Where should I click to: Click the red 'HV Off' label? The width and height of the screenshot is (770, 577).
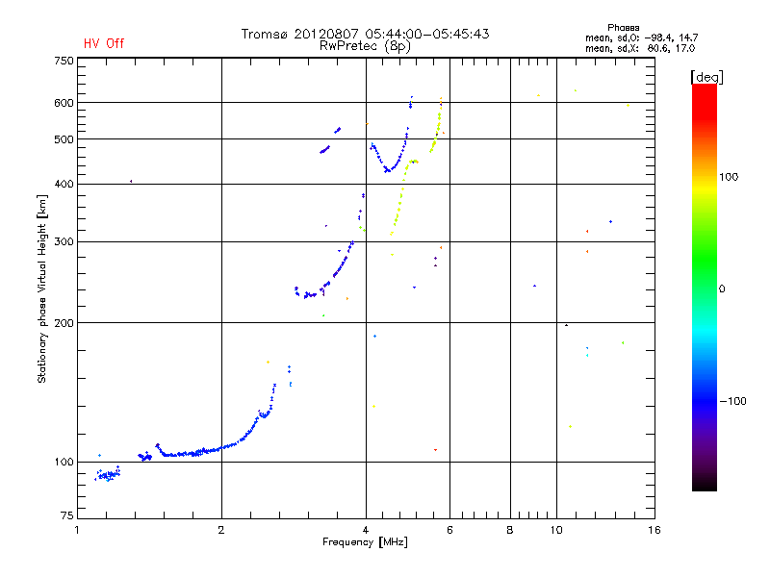click(103, 43)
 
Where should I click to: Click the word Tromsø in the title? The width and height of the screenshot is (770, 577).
click(264, 34)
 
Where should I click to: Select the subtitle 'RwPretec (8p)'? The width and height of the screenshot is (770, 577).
click(365, 45)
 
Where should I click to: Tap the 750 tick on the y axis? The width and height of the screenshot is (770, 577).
click(64, 61)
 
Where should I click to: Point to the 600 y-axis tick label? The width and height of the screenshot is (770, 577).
click(64, 103)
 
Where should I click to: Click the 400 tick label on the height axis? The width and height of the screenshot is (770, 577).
click(64, 184)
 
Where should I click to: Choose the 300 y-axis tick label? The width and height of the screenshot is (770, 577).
click(64, 241)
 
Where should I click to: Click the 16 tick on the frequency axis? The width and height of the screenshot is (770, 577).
click(654, 530)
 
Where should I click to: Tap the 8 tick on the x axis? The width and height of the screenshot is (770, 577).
click(510, 530)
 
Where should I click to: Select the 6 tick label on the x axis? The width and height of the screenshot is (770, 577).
click(450, 530)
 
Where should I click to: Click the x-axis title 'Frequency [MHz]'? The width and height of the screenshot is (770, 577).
click(365, 543)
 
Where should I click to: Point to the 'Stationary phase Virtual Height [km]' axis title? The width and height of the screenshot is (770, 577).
click(42, 288)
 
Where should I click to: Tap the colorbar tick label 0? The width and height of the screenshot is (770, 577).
click(725, 288)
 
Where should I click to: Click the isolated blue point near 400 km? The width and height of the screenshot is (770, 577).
click(131, 181)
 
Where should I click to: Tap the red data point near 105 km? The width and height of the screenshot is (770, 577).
click(435, 449)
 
